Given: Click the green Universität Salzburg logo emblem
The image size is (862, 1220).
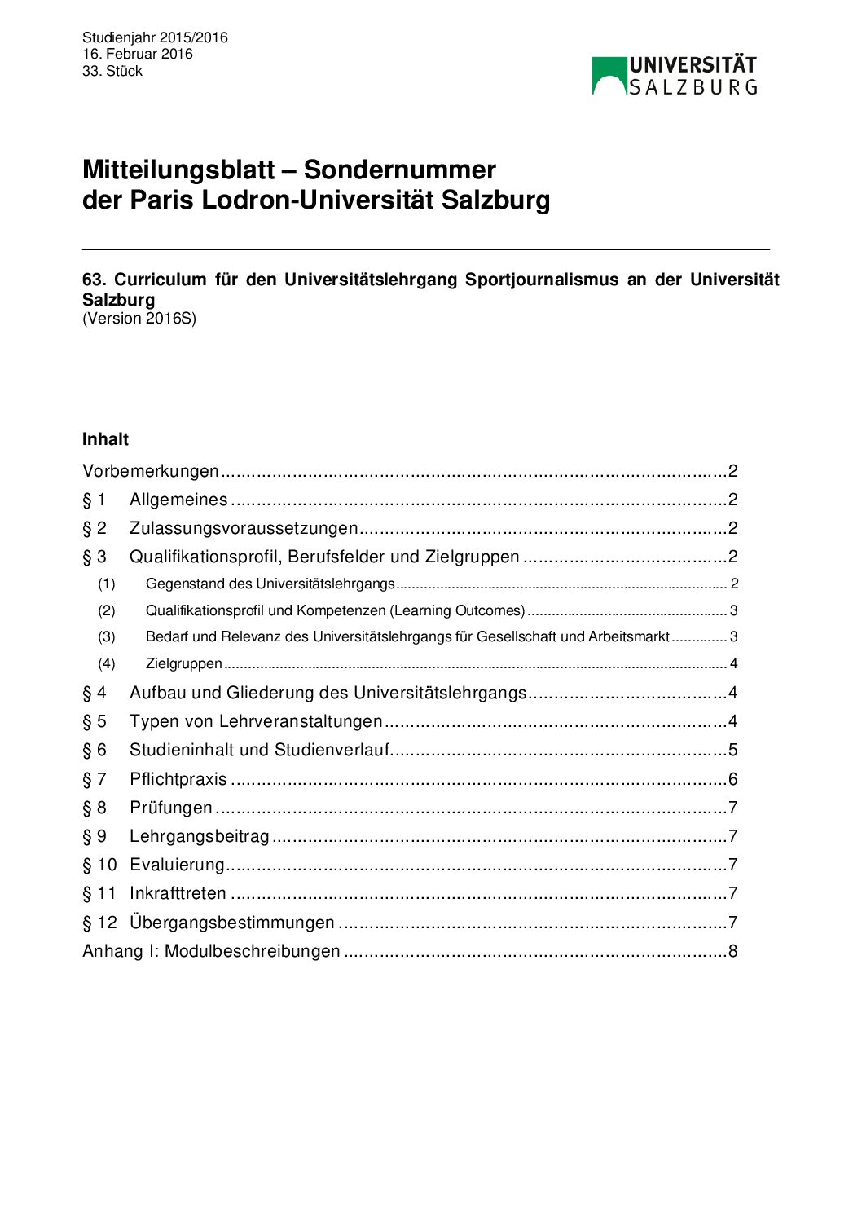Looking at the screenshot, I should pos(609,76).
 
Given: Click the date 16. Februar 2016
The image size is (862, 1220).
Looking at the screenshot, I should pos(138,54).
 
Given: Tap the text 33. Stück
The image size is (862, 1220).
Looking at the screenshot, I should pos(112,71).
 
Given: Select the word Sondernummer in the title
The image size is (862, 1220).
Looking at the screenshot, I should pos(399,170).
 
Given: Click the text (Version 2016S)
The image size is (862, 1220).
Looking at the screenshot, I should pos(139,319).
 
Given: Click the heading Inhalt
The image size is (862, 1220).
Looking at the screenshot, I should pos(105,439).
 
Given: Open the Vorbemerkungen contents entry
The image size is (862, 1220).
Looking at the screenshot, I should pos(151,471).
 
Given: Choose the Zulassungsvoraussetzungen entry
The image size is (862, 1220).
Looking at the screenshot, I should pos(244,528).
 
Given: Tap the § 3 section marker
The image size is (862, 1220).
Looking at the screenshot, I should pos(95,557).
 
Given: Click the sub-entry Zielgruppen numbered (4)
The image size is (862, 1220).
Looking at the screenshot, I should pos(184,663).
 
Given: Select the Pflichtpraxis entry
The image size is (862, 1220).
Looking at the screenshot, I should pos(178,779).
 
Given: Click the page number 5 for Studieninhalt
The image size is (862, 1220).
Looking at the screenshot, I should pos(732,750).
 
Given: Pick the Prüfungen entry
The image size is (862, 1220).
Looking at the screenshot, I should pos(171,808).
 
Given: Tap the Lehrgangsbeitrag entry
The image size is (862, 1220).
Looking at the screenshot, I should pos(200,836).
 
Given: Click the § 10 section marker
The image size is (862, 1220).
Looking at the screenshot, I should pos(99,865).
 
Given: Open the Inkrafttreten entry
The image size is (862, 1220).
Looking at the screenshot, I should pos(178,893).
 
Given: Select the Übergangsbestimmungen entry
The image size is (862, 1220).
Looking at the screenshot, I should pos(232,923).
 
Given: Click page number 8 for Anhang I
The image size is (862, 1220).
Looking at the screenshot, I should pos(732,951).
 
